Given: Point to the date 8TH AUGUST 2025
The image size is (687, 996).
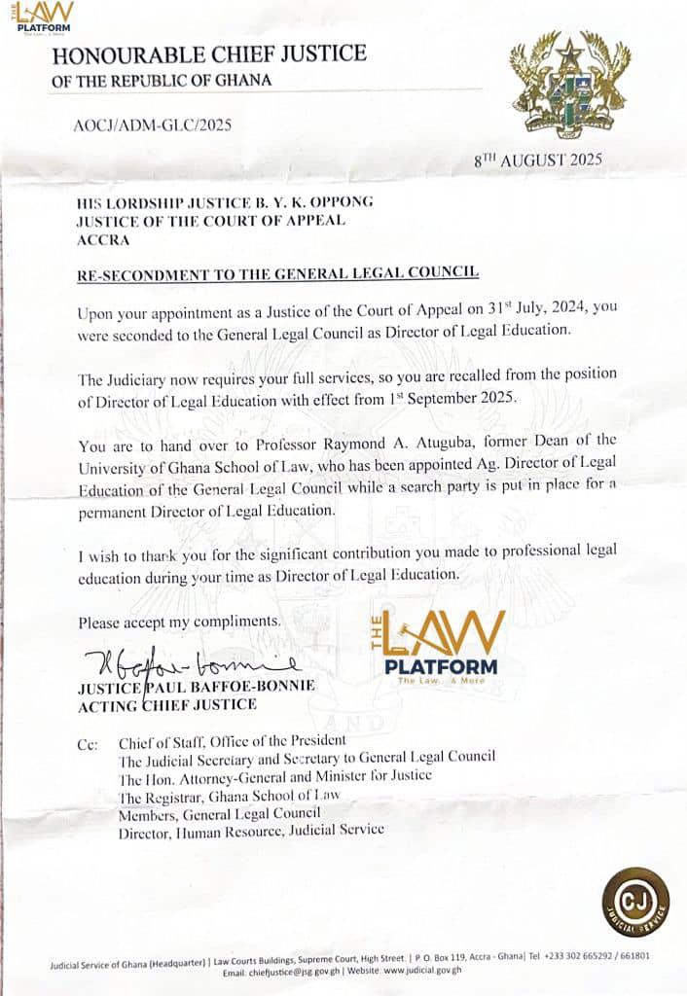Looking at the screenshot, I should [x=538, y=160].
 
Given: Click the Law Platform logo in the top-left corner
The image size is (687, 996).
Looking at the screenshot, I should [x=44, y=17].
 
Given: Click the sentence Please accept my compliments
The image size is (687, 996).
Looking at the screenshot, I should [x=180, y=620].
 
